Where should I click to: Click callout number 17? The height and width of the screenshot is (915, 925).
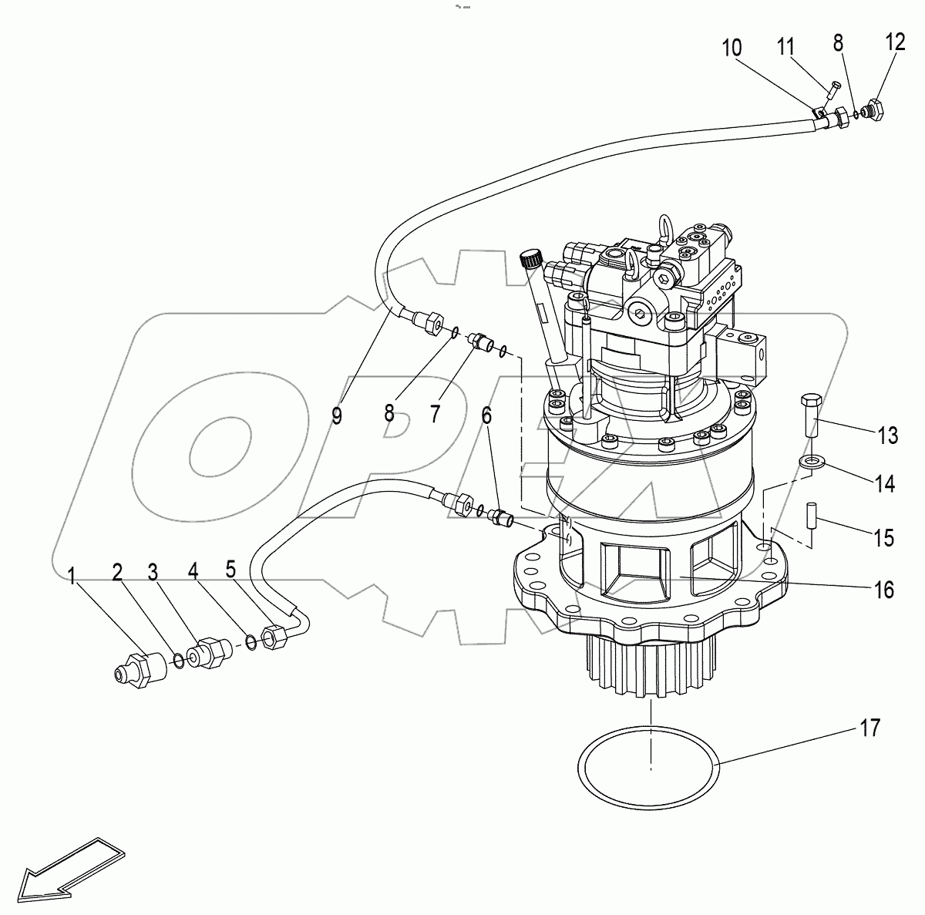(x=869, y=728)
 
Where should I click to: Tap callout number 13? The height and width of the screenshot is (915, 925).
(x=887, y=436)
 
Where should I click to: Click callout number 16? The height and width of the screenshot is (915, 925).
(x=883, y=590)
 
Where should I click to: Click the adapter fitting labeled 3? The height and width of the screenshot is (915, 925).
(x=209, y=652)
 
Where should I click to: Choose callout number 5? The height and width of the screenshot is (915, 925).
(x=230, y=571)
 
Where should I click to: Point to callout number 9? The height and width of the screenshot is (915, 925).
(x=336, y=415)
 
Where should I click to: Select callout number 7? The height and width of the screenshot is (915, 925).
(x=435, y=414)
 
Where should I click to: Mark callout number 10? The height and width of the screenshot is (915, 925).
(x=732, y=48)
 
